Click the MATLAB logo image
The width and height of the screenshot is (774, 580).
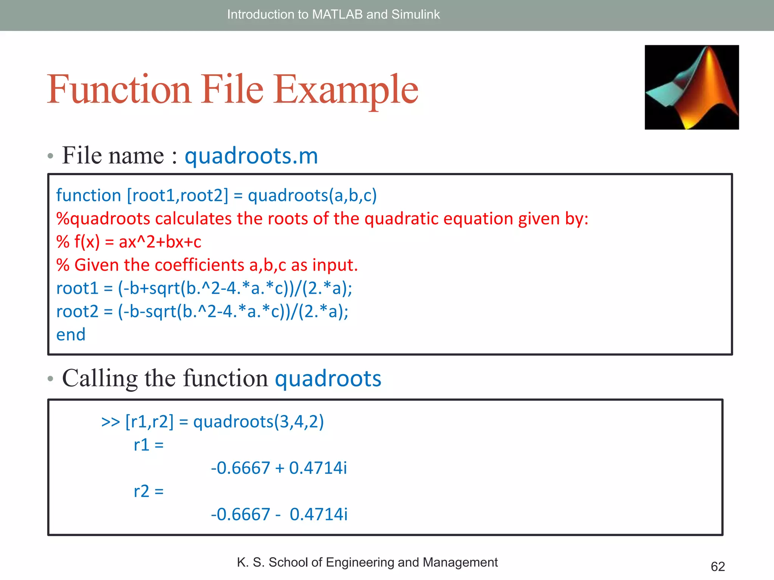(x=691, y=87)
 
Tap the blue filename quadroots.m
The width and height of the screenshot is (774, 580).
(x=251, y=156)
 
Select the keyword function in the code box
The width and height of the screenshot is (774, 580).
(x=88, y=196)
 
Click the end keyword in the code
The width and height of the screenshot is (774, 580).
(x=71, y=335)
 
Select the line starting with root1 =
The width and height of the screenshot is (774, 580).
(x=204, y=288)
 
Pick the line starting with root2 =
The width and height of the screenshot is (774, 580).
(x=202, y=312)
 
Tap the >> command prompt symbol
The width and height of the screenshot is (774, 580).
(x=110, y=422)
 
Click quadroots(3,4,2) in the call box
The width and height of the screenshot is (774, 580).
(x=259, y=422)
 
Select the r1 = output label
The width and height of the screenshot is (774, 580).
(x=149, y=445)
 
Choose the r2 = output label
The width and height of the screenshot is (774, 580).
(x=149, y=491)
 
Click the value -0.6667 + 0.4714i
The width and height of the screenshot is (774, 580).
(x=279, y=468)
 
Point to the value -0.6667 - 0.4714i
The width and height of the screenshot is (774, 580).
(x=279, y=514)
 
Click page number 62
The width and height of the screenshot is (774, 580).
(x=717, y=566)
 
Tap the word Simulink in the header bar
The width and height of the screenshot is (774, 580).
(x=415, y=14)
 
